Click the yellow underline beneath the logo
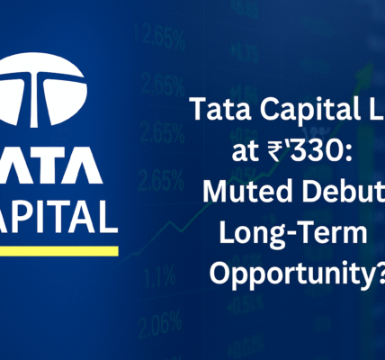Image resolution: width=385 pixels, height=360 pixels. pos(58,248)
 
